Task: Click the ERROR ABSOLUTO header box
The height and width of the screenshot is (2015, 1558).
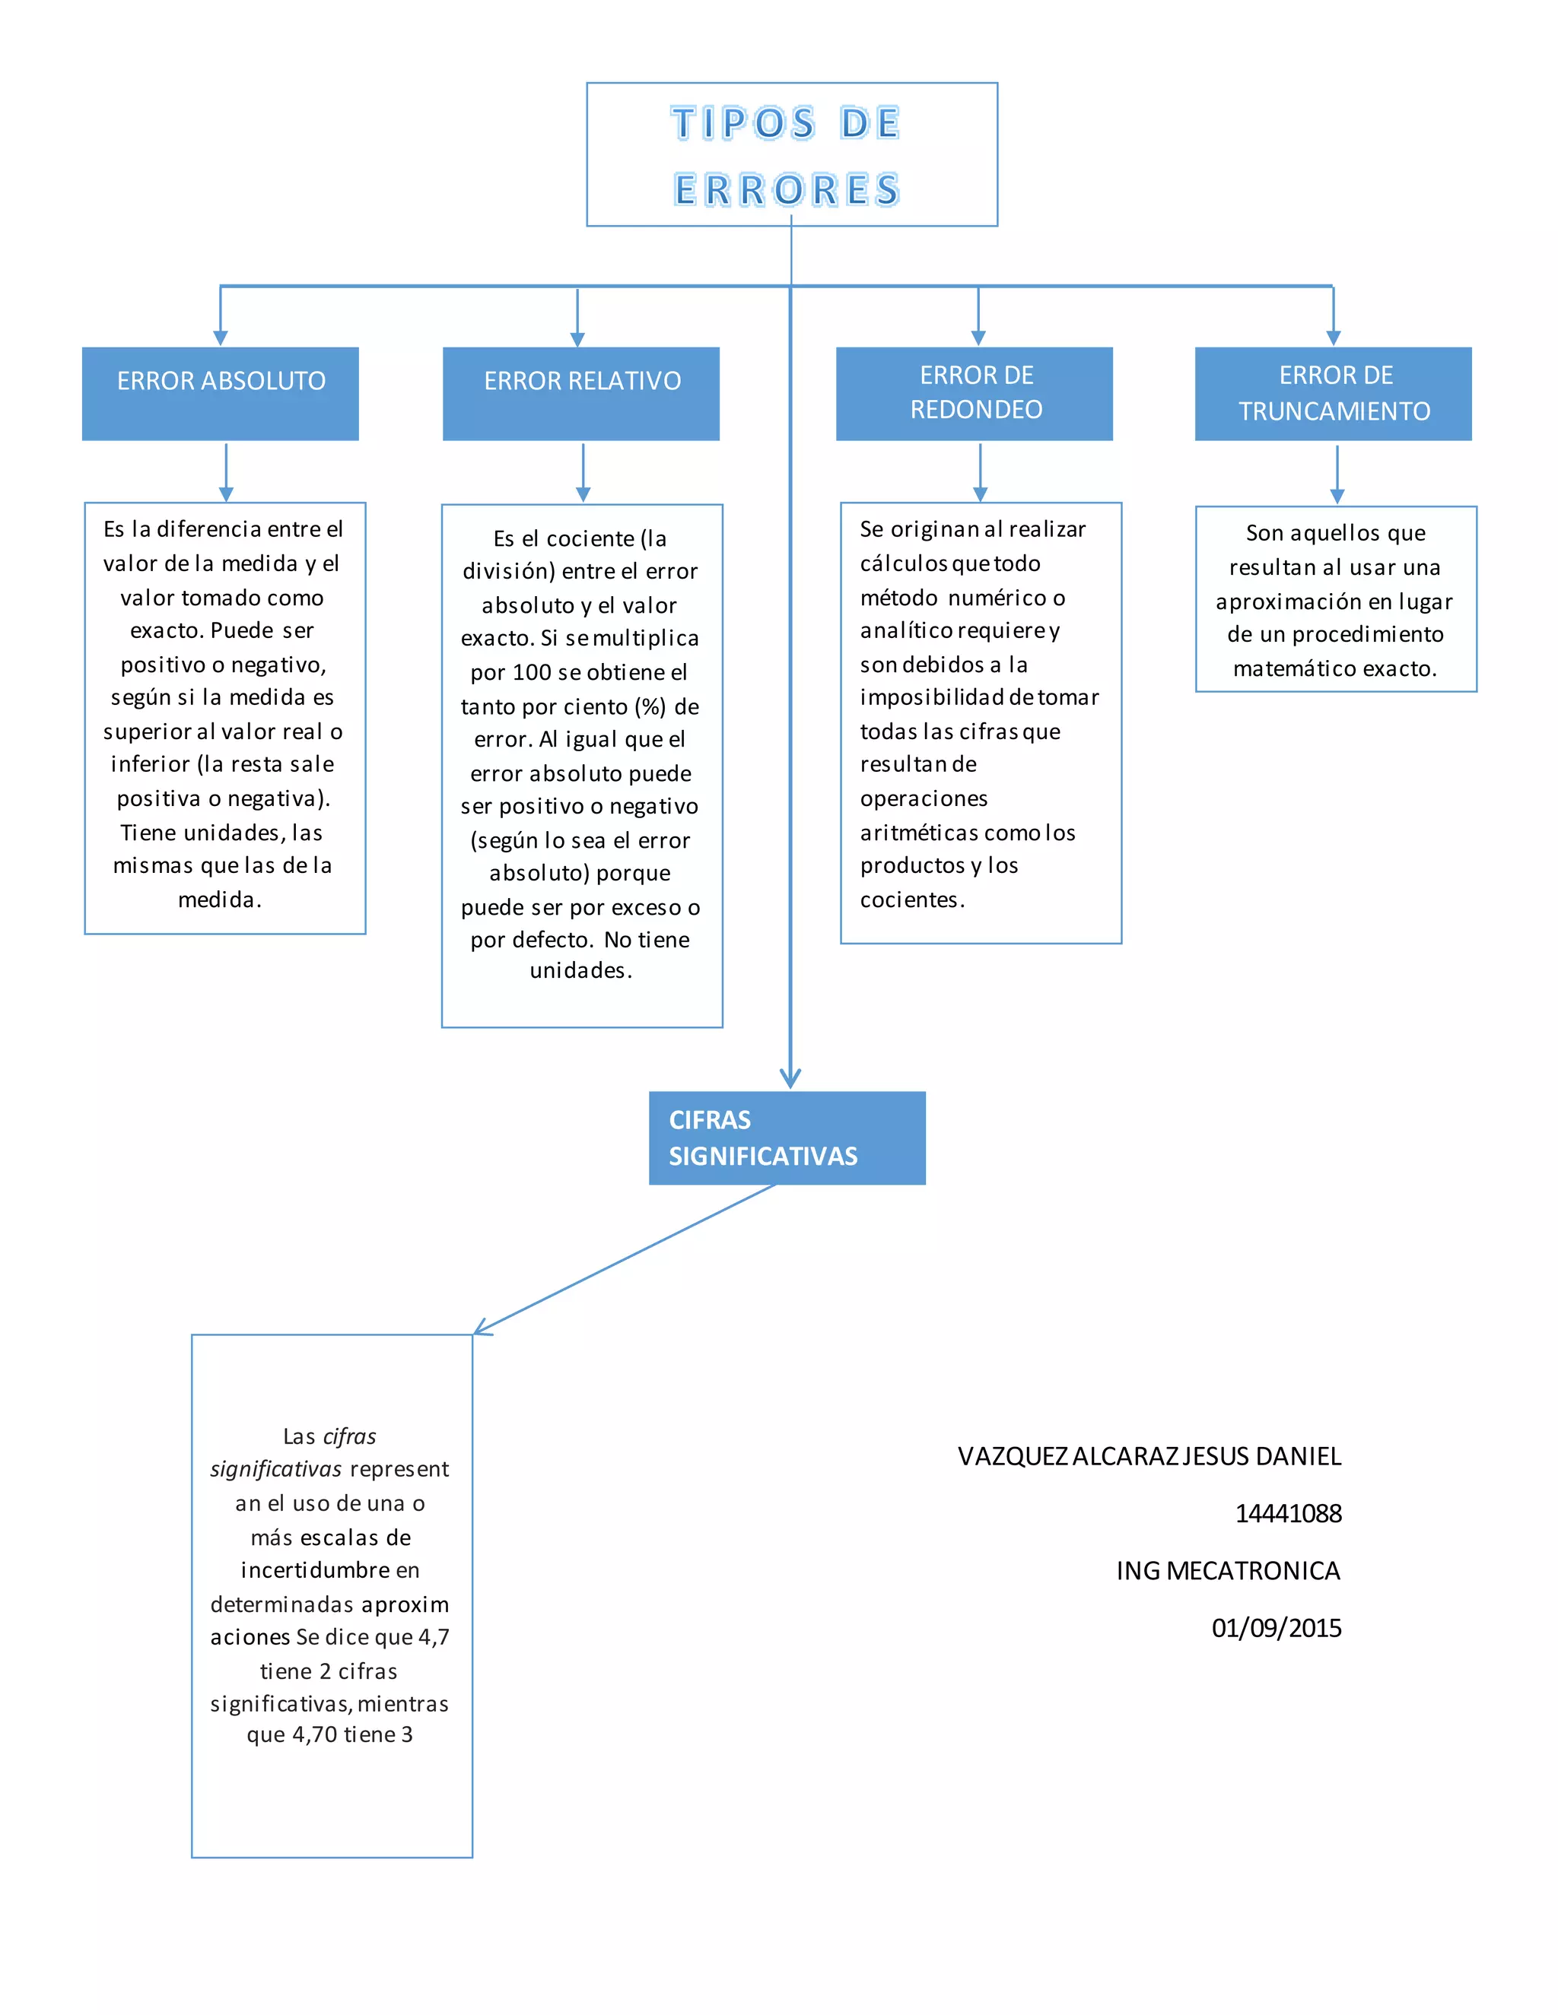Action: [x=221, y=394]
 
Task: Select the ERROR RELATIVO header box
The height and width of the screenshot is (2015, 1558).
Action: [x=581, y=394]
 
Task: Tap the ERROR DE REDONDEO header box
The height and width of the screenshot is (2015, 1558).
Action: [x=975, y=394]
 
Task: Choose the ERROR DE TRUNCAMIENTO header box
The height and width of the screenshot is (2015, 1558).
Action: [x=1334, y=394]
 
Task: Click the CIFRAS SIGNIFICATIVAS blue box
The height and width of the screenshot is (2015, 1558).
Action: [x=787, y=1138]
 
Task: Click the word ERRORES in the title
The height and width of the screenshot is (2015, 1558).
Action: [x=787, y=190]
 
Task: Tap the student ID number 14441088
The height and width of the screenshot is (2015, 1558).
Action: [x=1289, y=1513]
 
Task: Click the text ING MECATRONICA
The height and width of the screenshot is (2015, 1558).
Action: [x=1229, y=1570]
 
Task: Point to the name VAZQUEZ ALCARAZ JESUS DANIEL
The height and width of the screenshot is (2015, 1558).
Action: [x=1150, y=1456]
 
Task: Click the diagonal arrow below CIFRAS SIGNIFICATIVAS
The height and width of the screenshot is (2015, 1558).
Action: [x=625, y=1259]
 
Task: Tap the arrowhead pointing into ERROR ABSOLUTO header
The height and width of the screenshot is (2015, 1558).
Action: [x=221, y=338]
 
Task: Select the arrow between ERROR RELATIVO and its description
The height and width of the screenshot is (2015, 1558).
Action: [x=583, y=472]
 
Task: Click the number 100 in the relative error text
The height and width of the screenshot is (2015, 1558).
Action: [x=532, y=673]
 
